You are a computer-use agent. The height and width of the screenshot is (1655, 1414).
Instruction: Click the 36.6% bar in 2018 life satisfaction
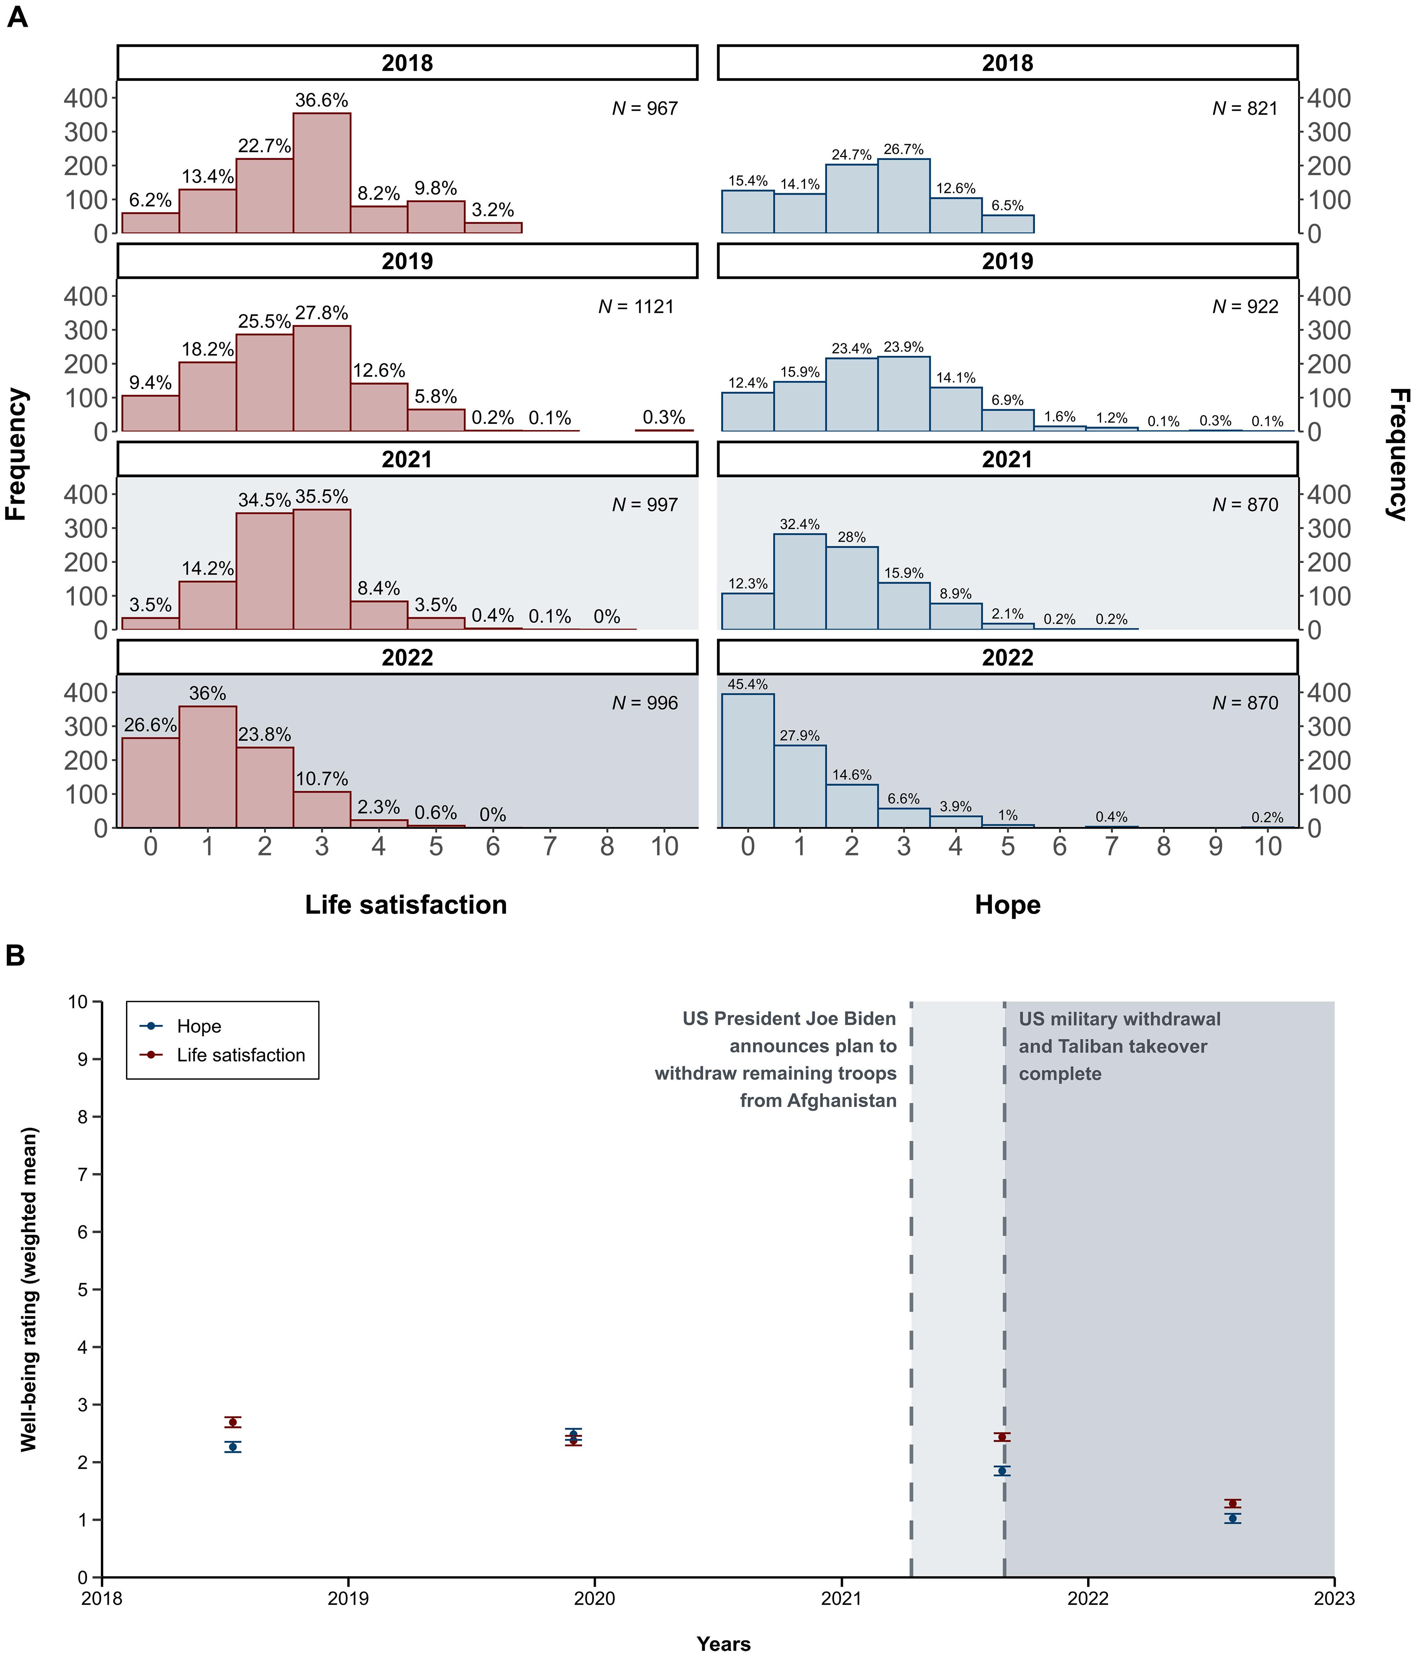(321, 173)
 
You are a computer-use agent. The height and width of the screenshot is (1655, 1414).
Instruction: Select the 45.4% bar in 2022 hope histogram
(748, 760)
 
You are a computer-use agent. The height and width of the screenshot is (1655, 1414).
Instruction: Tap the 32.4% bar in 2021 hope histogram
(800, 582)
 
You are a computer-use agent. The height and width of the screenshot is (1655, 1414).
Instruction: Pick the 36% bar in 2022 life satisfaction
(208, 767)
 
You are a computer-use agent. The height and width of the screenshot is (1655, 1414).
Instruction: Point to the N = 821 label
(1245, 109)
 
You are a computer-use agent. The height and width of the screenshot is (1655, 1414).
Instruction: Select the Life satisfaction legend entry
(240, 1055)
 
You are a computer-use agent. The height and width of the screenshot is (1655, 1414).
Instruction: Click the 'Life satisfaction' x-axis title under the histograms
(406, 905)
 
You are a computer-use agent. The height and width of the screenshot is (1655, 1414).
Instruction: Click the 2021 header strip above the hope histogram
(1007, 459)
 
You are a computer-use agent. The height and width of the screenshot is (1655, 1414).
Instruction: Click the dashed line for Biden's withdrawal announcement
(912, 1278)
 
